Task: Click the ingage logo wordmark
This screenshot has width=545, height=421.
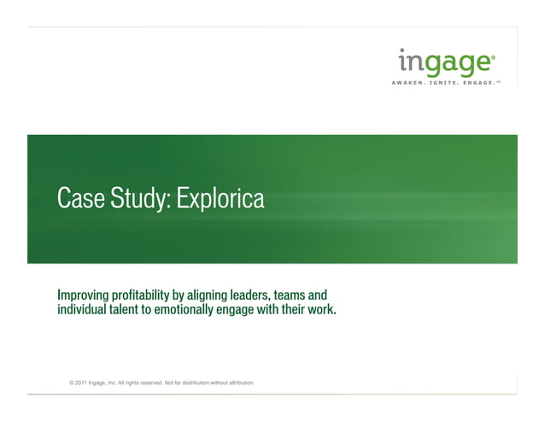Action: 446,62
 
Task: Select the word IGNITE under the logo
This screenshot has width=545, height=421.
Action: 447,83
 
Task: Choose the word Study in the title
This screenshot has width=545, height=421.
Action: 138,199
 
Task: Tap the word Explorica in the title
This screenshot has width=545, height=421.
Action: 221,199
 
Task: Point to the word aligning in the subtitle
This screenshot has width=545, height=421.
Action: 221,295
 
